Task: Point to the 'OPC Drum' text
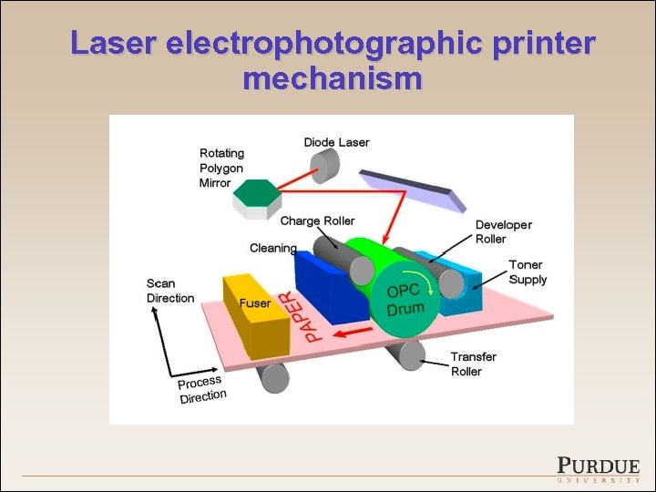click(x=405, y=298)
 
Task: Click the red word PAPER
click(x=297, y=316)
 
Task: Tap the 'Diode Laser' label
click(x=336, y=142)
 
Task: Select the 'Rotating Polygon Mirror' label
click(x=221, y=168)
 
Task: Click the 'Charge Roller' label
click(x=317, y=220)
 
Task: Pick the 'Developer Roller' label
click(x=503, y=231)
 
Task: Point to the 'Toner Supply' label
click(x=528, y=272)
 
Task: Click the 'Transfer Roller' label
click(x=473, y=364)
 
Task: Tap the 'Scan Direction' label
click(x=170, y=291)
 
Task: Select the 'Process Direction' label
click(x=201, y=389)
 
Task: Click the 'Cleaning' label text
click(x=273, y=248)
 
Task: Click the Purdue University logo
click(x=598, y=467)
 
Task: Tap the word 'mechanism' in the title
click(x=333, y=79)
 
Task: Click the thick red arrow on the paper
click(x=351, y=333)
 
